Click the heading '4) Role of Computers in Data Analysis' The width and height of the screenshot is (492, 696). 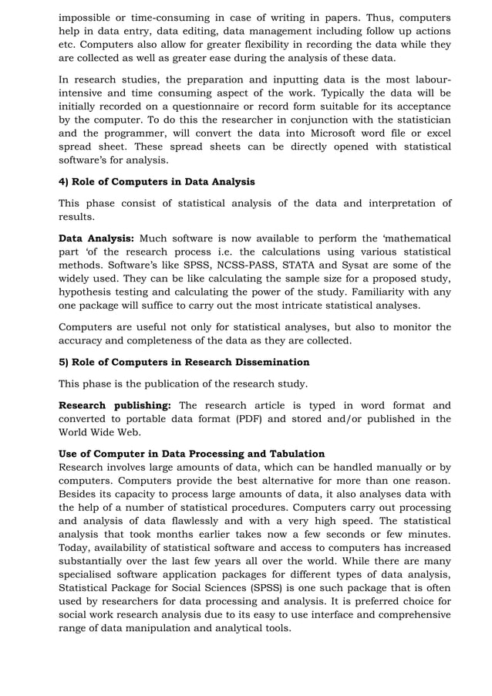157,182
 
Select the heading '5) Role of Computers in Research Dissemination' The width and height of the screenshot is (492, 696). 184,362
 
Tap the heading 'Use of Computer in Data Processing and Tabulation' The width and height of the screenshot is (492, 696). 192,454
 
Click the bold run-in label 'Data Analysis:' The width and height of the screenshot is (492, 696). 96,238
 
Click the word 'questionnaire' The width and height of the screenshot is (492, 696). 219,106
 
